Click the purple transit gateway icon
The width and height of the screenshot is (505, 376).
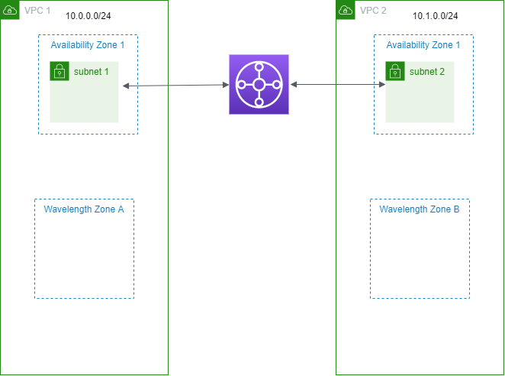(259, 85)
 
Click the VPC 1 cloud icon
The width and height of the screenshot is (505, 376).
(9, 9)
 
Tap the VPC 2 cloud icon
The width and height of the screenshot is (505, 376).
(345, 9)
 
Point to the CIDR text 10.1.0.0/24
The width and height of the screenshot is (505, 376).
(435, 16)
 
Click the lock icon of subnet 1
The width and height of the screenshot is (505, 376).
(59, 72)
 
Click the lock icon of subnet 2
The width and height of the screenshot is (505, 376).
(394, 72)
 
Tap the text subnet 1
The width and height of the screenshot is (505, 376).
(92, 71)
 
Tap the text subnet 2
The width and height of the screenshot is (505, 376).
(427, 71)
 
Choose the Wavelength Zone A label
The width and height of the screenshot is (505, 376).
(84, 209)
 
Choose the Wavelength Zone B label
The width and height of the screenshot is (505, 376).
(420, 209)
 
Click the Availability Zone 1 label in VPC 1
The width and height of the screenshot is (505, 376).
(88, 45)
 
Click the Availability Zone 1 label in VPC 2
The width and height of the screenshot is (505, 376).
(423, 45)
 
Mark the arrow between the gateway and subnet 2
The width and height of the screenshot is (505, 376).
(336, 84)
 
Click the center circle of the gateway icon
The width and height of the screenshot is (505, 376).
(259, 85)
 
